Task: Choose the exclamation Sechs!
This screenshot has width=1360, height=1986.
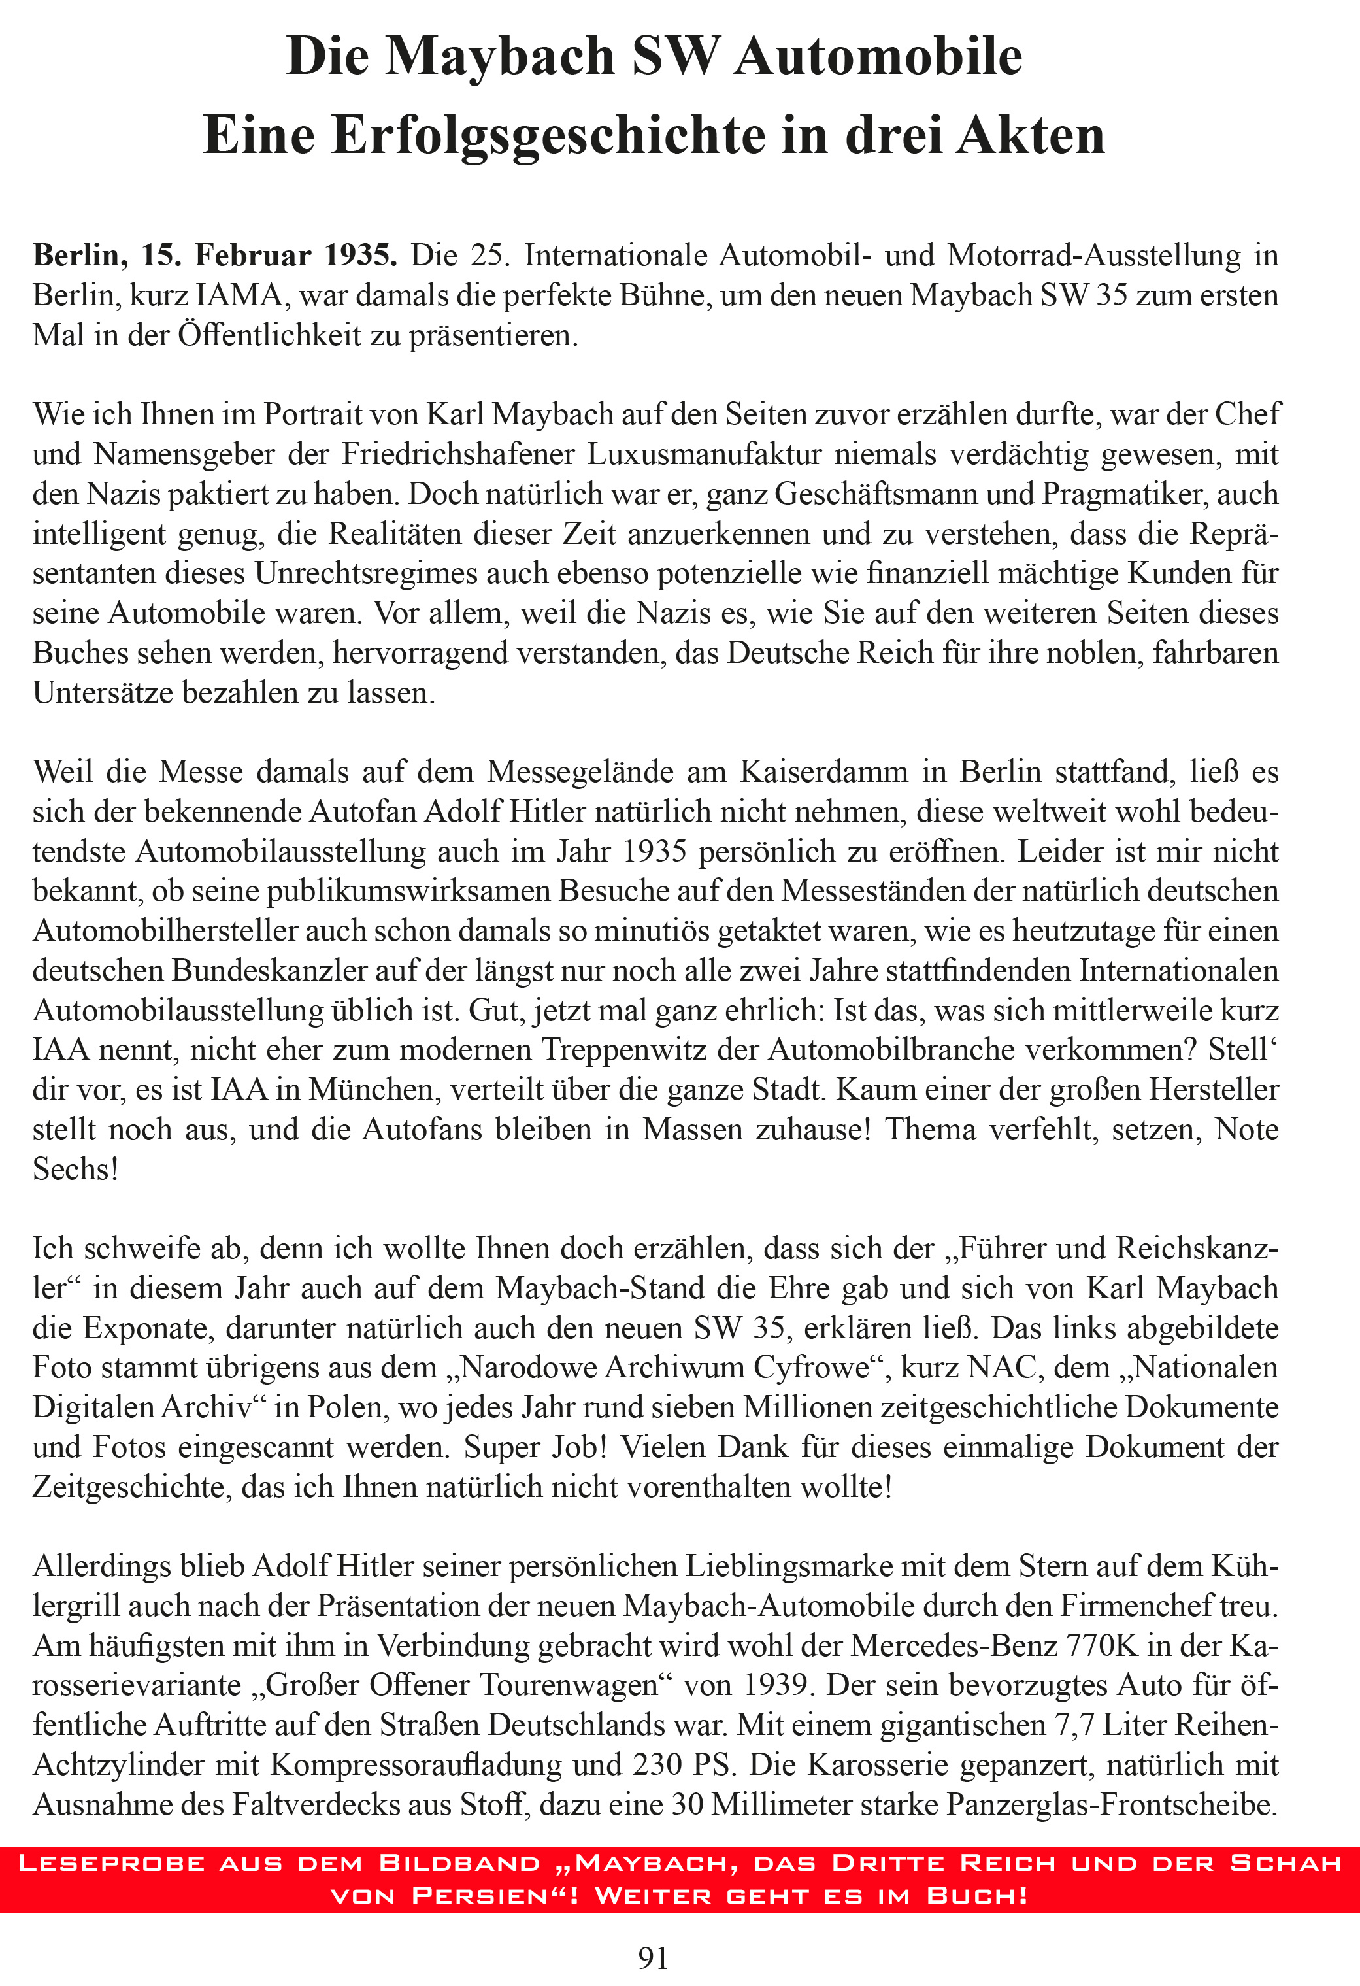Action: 75,1169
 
